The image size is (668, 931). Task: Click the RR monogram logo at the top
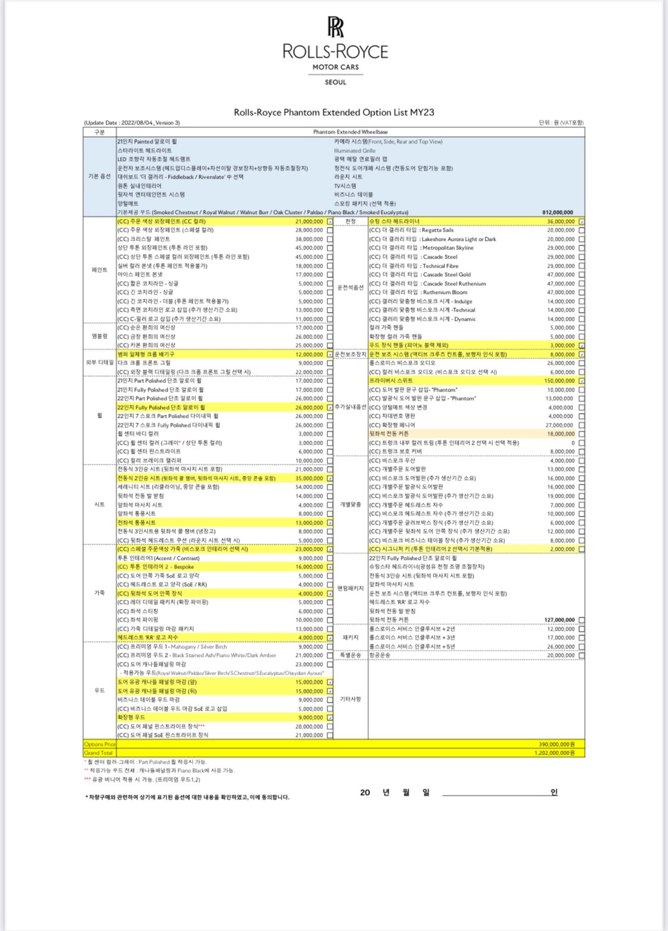click(x=335, y=28)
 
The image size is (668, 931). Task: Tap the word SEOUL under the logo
click(x=336, y=82)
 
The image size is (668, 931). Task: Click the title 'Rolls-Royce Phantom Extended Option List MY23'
click(x=334, y=112)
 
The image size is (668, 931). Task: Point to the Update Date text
click(x=132, y=123)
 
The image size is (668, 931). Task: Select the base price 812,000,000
click(x=557, y=212)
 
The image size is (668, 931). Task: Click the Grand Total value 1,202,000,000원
click(x=555, y=753)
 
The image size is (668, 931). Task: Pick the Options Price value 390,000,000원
click(x=556, y=744)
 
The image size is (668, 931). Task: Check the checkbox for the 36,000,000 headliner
click(x=581, y=222)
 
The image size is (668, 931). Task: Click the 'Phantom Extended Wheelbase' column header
click(x=350, y=132)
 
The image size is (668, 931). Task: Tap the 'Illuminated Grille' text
click(x=355, y=151)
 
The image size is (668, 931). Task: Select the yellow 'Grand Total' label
click(x=98, y=753)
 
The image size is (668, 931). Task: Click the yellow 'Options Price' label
click(x=100, y=744)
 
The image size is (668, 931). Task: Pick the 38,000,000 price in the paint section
click(x=309, y=239)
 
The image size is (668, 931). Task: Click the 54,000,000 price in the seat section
click(x=309, y=487)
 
